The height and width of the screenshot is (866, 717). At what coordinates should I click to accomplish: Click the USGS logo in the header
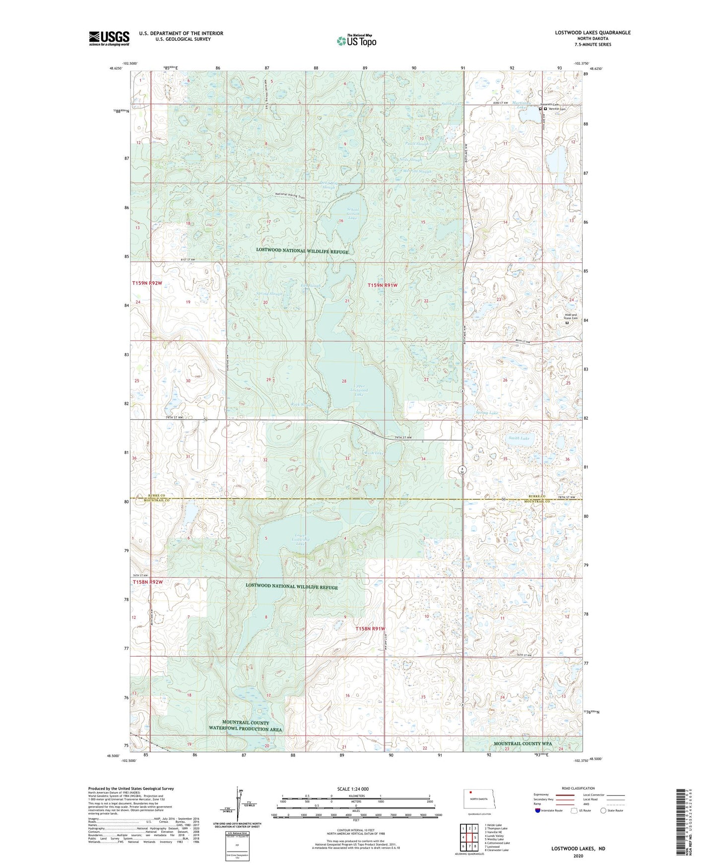click(x=109, y=38)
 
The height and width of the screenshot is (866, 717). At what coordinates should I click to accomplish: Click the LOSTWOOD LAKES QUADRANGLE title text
click(x=592, y=33)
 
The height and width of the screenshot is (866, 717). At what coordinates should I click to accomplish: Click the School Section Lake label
click(x=352, y=214)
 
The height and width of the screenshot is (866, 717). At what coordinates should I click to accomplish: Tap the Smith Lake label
click(x=519, y=438)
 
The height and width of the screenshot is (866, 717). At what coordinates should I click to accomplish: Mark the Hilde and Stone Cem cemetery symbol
click(x=567, y=323)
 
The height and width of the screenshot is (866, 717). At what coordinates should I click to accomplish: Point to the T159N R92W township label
click(x=147, y=283)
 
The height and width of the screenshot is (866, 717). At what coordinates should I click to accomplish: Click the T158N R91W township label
click(x=370, y=628)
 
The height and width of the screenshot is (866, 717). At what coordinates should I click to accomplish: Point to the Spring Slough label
click(x=268, y=294)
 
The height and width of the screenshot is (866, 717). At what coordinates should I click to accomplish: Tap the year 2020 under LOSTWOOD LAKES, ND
click(x=578, y=856)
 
